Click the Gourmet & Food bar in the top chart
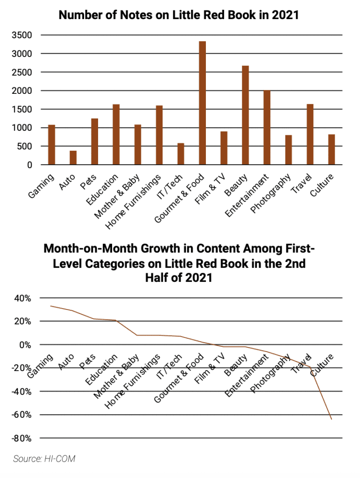click(202, 103)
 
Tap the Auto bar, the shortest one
click(73, 158)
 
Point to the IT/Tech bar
click(181, 154)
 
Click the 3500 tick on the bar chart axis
click(23, 35)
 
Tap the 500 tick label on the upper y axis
click(26, 147)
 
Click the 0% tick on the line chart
click(25, 345)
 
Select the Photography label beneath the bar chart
click(271, 194)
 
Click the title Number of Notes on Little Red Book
click(178, 15)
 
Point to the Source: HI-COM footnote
click(44, 459)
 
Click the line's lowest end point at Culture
click(332, 419)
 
